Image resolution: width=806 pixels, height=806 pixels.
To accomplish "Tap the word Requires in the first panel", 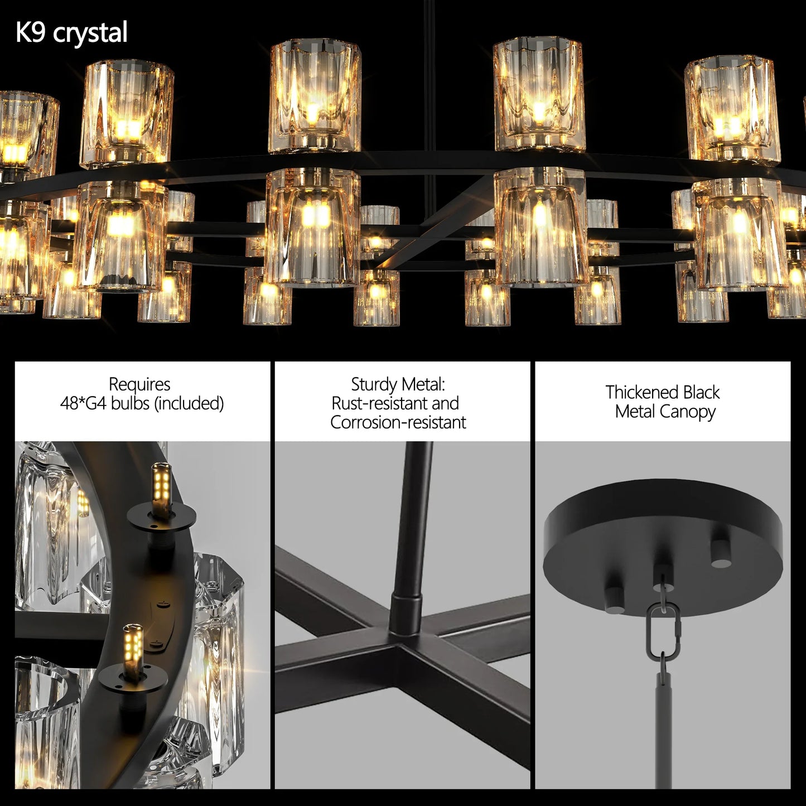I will (x=139, y=384).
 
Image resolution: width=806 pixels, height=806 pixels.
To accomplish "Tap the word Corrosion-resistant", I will (x=398, y=422).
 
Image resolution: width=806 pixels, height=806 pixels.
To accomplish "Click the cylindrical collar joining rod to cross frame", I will (x=406, y=614).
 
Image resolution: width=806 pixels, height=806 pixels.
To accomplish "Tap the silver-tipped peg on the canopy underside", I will (x=721, y=553).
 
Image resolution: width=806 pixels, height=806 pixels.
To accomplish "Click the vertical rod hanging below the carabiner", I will (x=663, y=725).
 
